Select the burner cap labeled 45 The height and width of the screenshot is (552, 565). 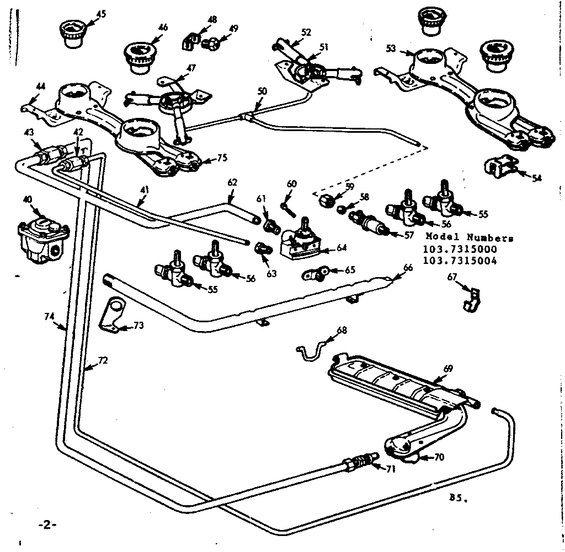[x=70, y=34]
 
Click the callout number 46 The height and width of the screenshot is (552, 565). [x=163, y=27]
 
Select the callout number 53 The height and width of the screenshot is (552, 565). [x=391, y=48]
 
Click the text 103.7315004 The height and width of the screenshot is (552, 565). [x=460, y=261]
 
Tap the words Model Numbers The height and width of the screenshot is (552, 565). [x=470, y=238]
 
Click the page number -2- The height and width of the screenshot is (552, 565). [x=47, y=524]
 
